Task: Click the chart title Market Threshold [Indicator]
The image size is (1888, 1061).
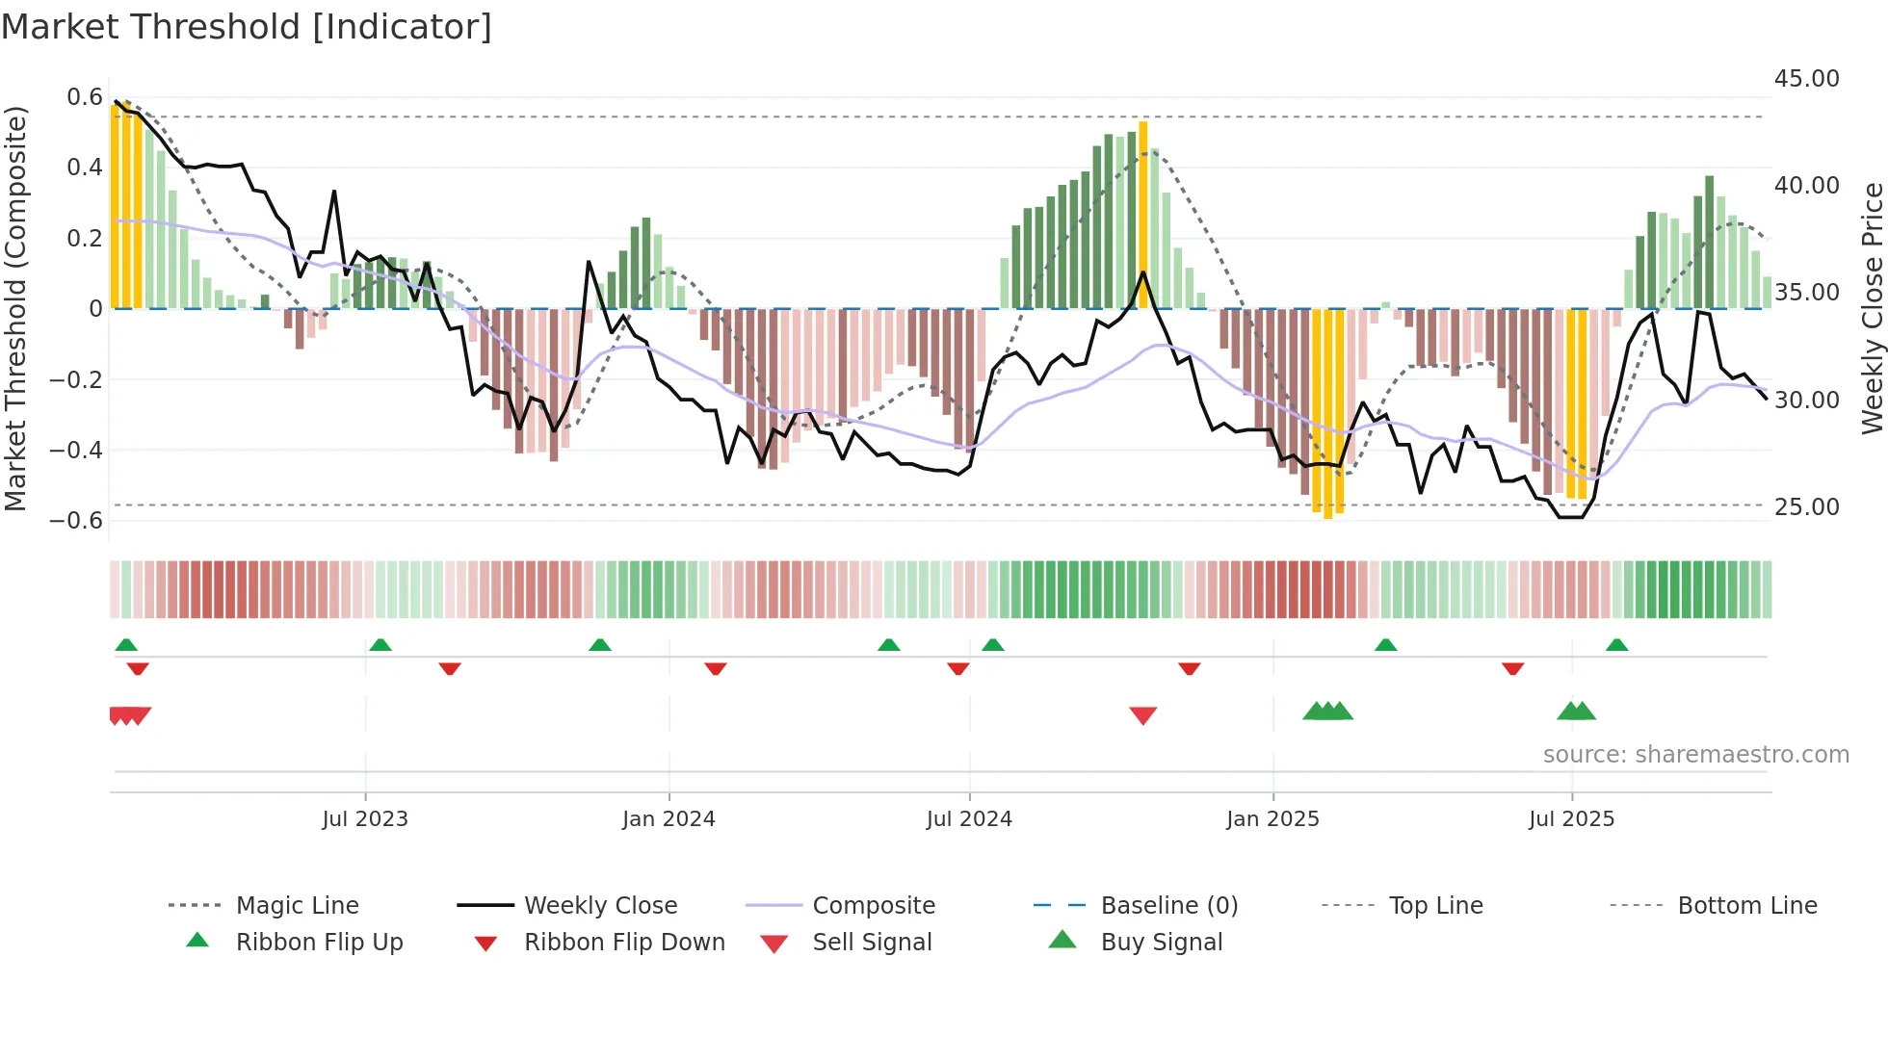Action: pos(247,27)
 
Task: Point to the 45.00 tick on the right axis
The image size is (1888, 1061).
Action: pos(1806,79)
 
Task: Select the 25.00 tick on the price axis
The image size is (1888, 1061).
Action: pos(1806,507)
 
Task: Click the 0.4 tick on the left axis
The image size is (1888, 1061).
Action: pos(84,168)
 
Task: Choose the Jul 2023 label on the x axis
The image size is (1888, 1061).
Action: pos(365,819)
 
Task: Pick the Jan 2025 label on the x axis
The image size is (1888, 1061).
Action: pos(1272,819)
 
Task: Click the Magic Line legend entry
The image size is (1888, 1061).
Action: pos(297,906)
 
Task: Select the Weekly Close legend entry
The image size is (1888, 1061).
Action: pos(600,906)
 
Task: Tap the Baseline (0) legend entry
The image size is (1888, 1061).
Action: pos(1168,906)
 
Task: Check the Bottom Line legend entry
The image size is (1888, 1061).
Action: pos(1746,906)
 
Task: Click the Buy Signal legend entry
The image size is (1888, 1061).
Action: pos(1161,943)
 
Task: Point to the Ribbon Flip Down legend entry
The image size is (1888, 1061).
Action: pos(624,943)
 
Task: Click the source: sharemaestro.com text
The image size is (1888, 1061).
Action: pos(1695,755)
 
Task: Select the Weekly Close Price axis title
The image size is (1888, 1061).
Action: pos(1872,308)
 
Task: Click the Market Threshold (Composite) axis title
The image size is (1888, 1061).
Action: pos(15,308)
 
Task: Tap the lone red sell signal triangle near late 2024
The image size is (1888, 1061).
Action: pos(1142,715)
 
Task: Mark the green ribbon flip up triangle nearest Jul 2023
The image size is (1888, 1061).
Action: pos(380,645)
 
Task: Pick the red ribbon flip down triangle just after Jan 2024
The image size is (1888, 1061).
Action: pos(715,668)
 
